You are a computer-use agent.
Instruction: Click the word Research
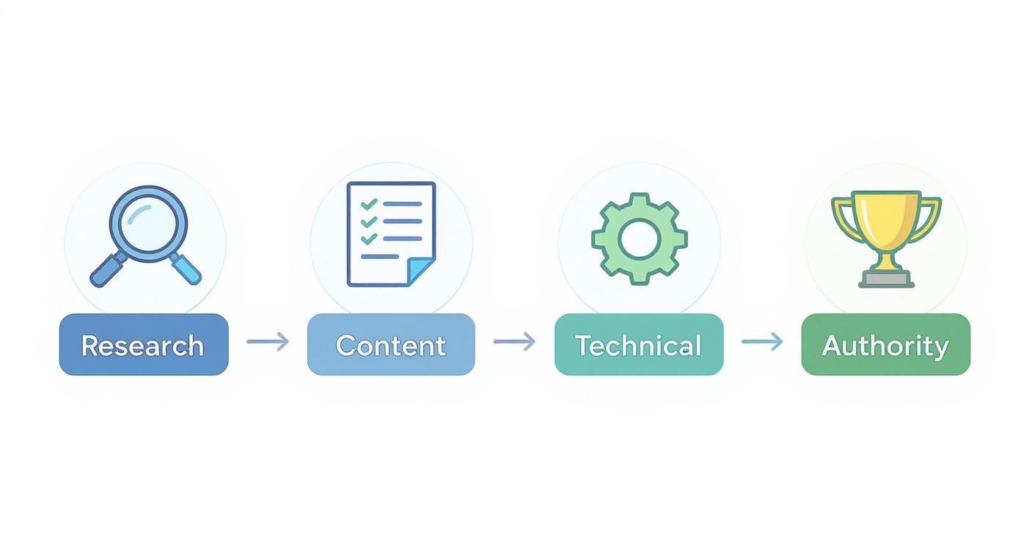point(142,346)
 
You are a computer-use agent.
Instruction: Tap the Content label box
point(391,345)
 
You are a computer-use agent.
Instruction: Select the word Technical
point(638,346)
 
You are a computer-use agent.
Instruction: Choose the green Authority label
point(885,345)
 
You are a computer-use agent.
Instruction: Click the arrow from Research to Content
point(268,341)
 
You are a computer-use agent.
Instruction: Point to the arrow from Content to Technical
point(514,341)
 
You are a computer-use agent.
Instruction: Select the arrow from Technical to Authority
point(762,341)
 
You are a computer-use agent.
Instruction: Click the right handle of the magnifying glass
point(186,269)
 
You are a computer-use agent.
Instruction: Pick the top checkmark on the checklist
point(369,204)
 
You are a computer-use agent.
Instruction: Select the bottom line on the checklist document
point(380,256)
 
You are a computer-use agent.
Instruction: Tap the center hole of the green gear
point(639,239)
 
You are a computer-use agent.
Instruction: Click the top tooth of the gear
point(639,199)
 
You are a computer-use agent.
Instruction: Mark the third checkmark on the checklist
point(369,239)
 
